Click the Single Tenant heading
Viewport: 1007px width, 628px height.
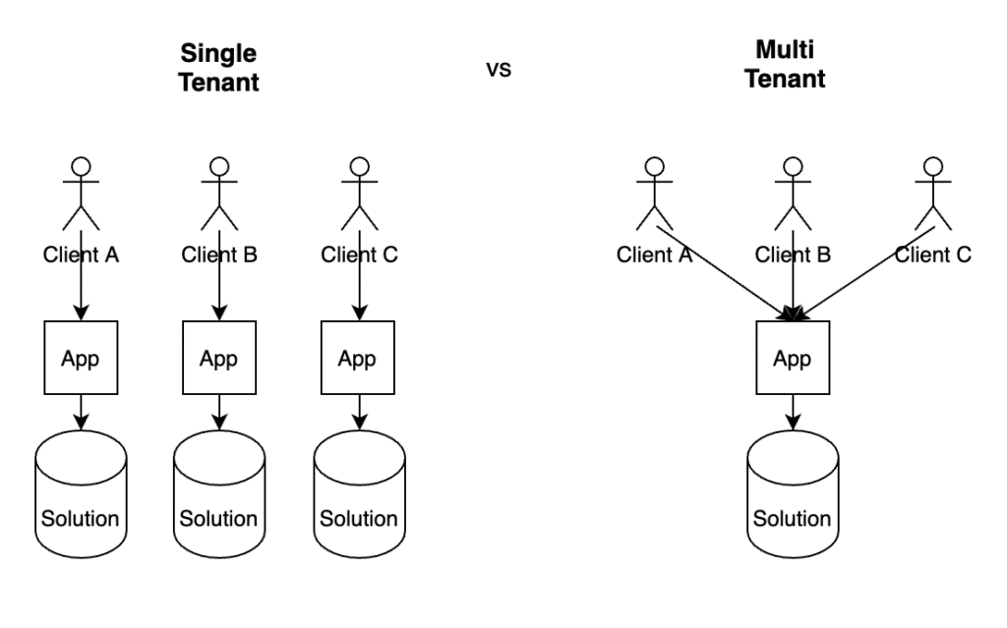tap(218, 68)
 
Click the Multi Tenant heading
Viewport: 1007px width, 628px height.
tap(785, 64)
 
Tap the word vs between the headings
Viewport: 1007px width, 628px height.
tap(499, 70)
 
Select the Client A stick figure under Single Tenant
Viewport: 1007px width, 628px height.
tap(81, 194)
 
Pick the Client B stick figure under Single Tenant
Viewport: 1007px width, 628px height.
tap(219, 194)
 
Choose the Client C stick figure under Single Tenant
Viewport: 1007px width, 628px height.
tap(360, 194)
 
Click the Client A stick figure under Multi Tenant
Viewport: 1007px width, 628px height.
tap(654, 194)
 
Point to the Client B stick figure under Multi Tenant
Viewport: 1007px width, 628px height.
tap(794, 194)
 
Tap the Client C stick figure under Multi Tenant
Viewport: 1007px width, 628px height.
tap(933, 194)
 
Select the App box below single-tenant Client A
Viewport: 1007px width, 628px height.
tap(81, 358)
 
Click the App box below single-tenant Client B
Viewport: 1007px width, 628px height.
tap(219, 358)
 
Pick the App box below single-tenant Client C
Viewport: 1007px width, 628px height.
tap(358, 358)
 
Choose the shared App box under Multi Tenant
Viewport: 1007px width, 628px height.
tap(794, 358)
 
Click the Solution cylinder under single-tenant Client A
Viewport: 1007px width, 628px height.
tap(81, 493)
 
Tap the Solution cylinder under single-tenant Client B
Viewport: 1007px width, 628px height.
tap(219, 493)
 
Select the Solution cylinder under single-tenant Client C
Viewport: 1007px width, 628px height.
tap(360, 493)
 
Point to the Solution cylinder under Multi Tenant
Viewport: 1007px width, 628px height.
tap(794, 493)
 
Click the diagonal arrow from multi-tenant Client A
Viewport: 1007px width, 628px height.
tap(725, 273)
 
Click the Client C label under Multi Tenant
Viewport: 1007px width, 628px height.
tap(933, 255)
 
